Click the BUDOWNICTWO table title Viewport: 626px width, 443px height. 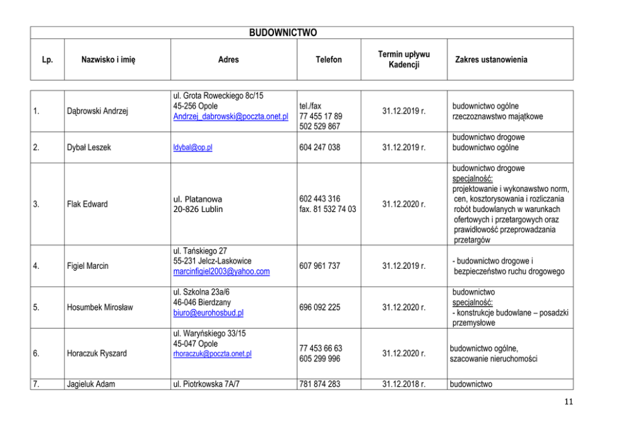(283, 33)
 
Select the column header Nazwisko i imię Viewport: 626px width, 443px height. (109, 60)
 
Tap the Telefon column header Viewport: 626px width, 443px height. (329, 60)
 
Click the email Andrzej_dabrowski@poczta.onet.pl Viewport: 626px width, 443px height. (230, 116)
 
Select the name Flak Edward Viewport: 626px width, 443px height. (87, 204)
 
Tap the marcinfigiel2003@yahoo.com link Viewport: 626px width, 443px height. (221, 271)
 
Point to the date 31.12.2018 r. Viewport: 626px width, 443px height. (404, 384)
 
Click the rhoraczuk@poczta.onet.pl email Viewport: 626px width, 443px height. (212, 354)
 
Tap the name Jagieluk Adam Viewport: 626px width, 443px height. (91, 384)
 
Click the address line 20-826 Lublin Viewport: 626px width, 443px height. (198, 209)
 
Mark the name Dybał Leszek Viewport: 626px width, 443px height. (88, 148)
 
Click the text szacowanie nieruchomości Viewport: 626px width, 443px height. (493, 359)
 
